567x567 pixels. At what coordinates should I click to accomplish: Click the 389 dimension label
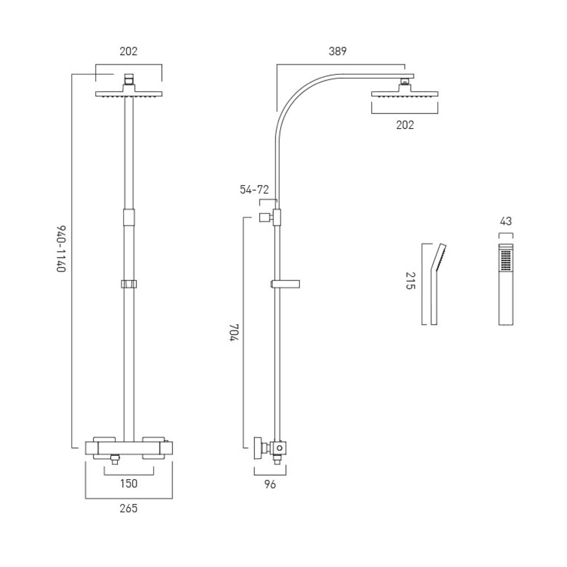(337, 51)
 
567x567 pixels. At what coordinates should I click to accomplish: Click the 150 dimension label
(129, 483)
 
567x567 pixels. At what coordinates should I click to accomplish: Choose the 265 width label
(129, 508)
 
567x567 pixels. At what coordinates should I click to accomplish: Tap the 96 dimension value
(270, 484)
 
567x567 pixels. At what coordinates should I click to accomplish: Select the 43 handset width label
(506, 222)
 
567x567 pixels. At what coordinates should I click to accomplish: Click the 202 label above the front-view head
(129, 51)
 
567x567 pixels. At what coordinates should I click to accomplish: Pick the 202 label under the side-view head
(405, 125)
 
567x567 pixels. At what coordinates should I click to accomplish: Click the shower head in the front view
(129, 94)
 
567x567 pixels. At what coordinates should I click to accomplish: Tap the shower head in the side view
(405, 94)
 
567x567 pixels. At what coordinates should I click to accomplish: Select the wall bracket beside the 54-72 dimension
(265, 217)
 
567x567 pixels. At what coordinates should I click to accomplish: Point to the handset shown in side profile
(436, 283)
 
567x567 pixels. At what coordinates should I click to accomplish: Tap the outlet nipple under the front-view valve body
(116, 459)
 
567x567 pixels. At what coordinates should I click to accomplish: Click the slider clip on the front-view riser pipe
(129, 283)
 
